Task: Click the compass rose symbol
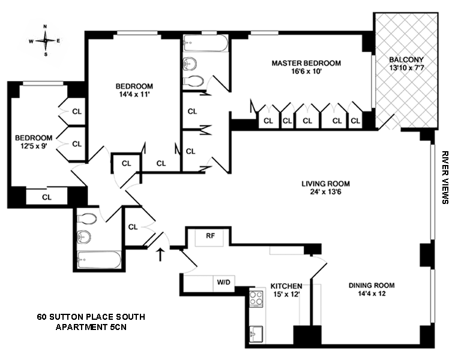pyautogui.click(x=45, y=41)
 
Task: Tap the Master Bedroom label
pyautogui.click(x=306, y=63)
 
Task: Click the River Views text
pyautogui.click(x=445, y=177)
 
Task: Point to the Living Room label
pyautogui.click(x=325, y=184)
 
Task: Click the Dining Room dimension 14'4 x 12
pyautogui.click(x=372, y=293)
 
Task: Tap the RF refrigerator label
pyautogui.click(x=210, y=236)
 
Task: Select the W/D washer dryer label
pyautogui.click(x=223, y=282)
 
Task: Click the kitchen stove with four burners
pyautogui.click(x=256, y=299)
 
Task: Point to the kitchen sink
pyautogui.click(x=256, y=334)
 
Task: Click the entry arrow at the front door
pyautogui.click(x=160, y=254)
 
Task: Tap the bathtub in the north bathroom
pyautogui.click(x=206, y=44)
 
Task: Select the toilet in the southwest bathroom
pyautogui.click(x=87, y=219)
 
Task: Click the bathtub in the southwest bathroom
pyautogui.click(x=99, y=260)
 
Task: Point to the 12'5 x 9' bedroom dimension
pyautogui.click(x=34, y=146)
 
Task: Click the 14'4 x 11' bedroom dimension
pyautogui.click(x=134, y=94)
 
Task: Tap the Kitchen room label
pyautogui.click(x=286, y=286)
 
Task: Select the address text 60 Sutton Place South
pyautogui.click(x=91, y=317)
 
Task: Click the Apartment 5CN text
pyautogui.click(x=91, y=327)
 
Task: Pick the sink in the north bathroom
pyautogui.click(x=190, y=64)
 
